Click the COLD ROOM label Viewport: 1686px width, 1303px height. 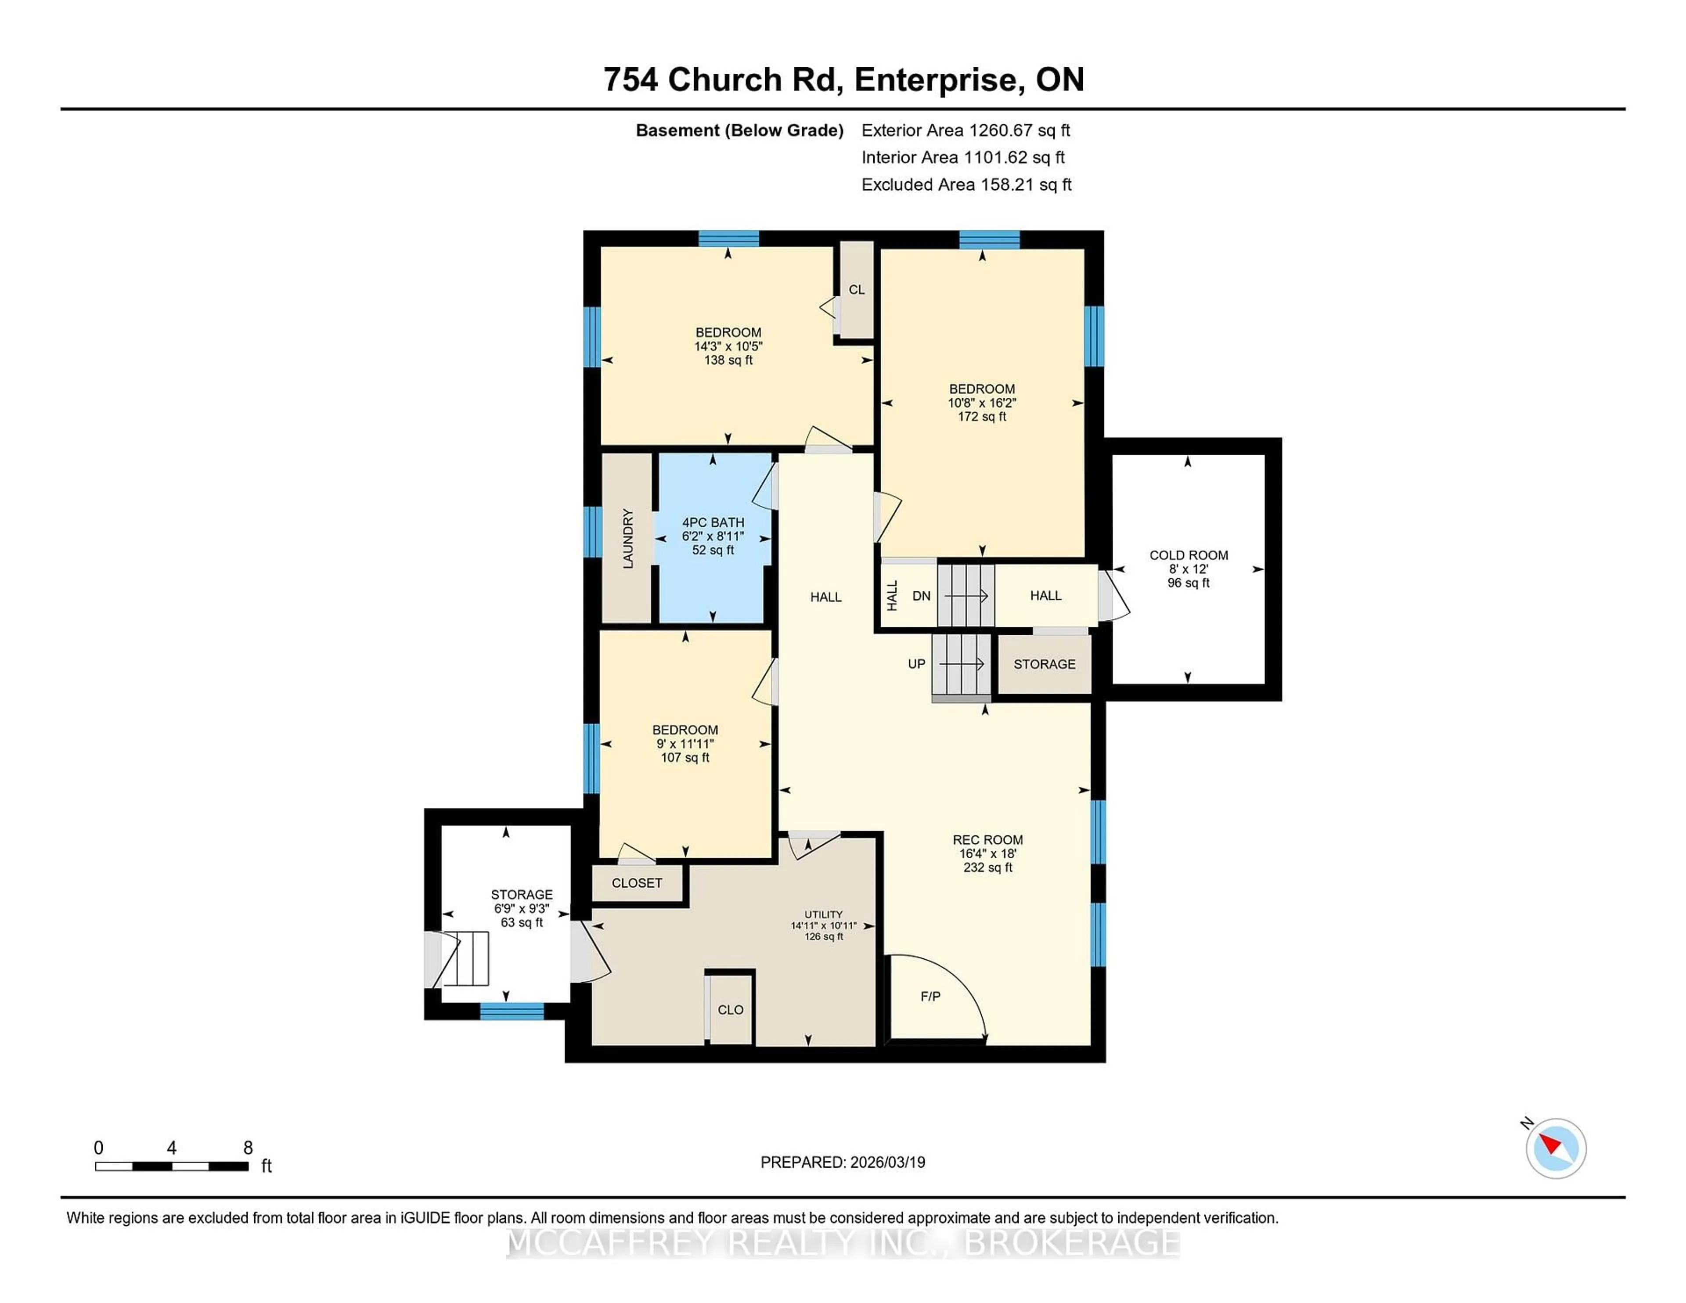[x=1188, y=555]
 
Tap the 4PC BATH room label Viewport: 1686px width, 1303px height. [x=713, y=522]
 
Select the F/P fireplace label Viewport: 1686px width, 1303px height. [x=930, y=997]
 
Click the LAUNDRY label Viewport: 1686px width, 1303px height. [x=627, y=539]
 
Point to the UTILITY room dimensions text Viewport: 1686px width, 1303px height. [x=823, y=925]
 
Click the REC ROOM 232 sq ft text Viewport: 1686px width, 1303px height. [x=987, y=867]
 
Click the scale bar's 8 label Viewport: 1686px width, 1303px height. [x=248, y=1148]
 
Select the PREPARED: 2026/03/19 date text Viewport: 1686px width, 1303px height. [x=842, y=1163]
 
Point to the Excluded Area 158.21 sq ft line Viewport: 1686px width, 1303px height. [x=966, y=184]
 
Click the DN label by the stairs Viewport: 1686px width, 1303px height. [x=921, y=596]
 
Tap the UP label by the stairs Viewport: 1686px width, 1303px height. [x=916, y=664]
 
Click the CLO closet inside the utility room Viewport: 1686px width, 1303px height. [x=730, y=1010]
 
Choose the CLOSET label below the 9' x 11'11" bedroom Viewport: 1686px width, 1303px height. [x=637, y=883]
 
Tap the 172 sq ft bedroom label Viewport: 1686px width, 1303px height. [x=982, y=417]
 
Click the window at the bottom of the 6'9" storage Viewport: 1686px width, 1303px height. [x=512, y=1011]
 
